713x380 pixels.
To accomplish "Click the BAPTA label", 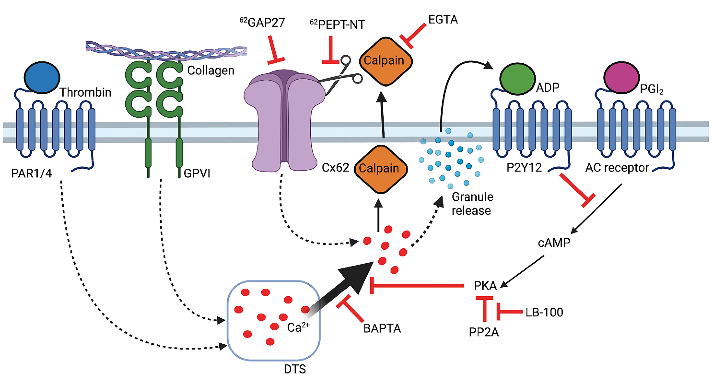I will pyautogui.click(x=382, y=328).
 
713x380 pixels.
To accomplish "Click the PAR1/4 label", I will pyautogui.click(x=31, y=173).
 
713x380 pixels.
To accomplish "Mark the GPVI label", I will pyautogui.click(x=197, y=173).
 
